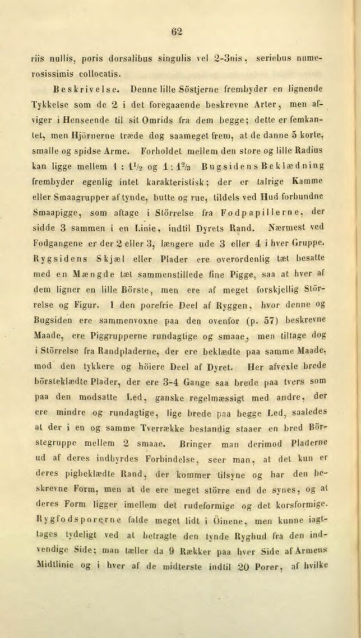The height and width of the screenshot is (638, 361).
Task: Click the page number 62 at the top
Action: [178, 31]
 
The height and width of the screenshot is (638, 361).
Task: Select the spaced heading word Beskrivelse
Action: [84, 89]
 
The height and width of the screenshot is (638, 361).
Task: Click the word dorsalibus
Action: [129, 58]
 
